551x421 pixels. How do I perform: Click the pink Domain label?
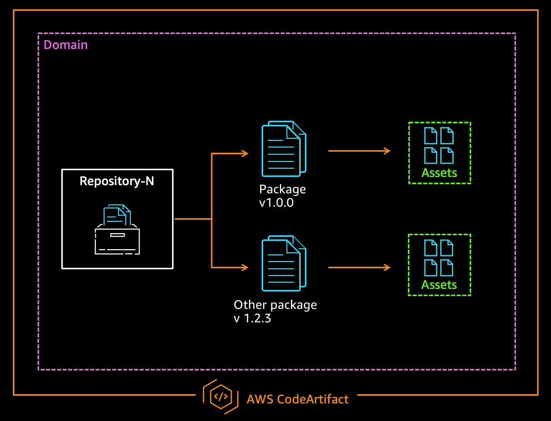click(65, 45)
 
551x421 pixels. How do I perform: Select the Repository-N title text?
click(117, 182)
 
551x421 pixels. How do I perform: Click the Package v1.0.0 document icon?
click(283, 149)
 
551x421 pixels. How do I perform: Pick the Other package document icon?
click(283, 264)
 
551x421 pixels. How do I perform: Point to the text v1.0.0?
click(276, 203)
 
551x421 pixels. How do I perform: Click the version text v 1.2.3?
click(252, 318)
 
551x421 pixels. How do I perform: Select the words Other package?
click(275, 304)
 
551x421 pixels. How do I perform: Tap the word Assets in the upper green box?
click(439, 173)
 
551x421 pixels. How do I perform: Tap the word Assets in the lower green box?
click(439, 285)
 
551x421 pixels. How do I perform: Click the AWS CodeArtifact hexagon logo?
click(220, 397)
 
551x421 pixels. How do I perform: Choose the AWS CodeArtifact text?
click(298, 399)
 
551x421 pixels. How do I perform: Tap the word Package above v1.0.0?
click(282, 189)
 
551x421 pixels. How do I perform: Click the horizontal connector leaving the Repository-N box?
click(193, 219)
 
